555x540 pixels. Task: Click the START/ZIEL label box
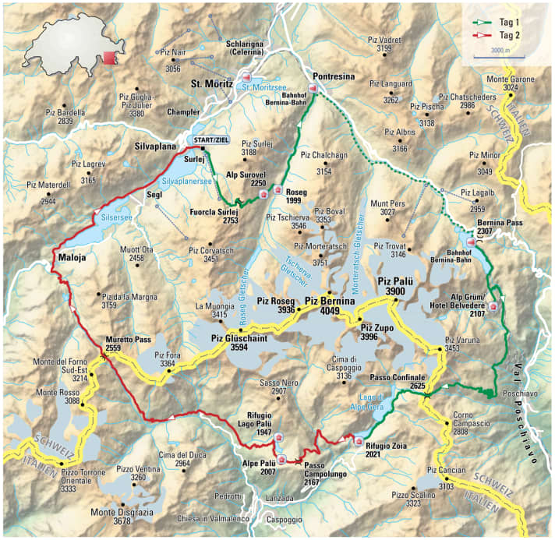coord(210,139)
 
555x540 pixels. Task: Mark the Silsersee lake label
coord(117,218)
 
